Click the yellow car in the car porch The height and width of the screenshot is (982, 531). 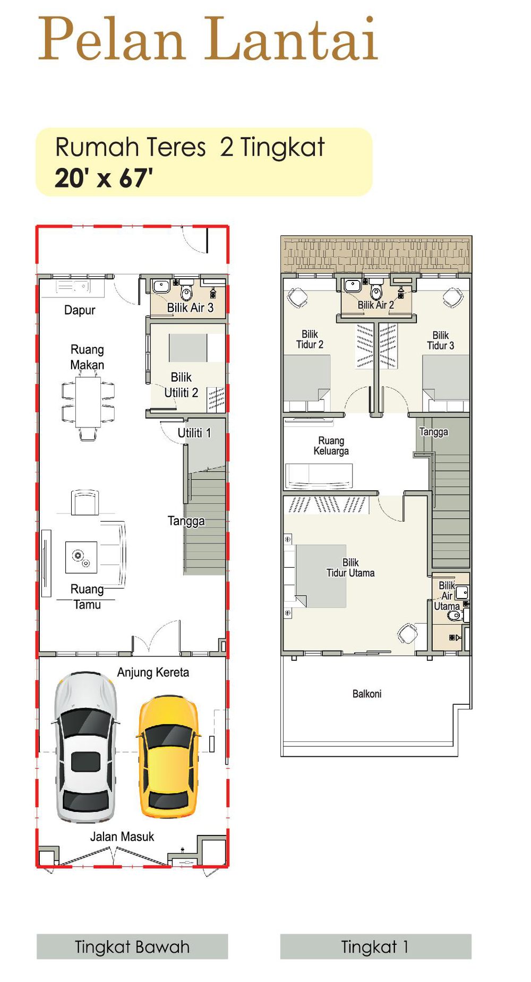tap(169, 757)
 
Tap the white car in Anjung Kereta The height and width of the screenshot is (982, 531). tap(85, 746)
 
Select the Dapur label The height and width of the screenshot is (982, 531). tap(80, 310)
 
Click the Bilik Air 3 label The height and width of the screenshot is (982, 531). tap(190, 308)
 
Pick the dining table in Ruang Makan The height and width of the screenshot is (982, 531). tap(88, 402)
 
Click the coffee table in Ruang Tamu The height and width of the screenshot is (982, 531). tap(81, 557)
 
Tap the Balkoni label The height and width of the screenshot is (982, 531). tap(367, 694)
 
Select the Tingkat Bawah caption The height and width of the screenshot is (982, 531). tap(132, 946)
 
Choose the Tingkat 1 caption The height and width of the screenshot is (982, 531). tap(375, 946)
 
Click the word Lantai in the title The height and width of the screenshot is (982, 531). tap(292, 38)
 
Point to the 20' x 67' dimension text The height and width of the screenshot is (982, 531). tap(104, 178)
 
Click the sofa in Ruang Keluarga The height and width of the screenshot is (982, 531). tap(319, 476)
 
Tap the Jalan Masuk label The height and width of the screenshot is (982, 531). tap(122, 836)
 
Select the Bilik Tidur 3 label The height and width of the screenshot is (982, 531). tap(441, 340)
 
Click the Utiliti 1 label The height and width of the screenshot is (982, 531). tap(194, 433)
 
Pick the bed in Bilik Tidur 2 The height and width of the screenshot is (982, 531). tap(306, 383)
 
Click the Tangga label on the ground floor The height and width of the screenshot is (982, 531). tap(186, 521)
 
